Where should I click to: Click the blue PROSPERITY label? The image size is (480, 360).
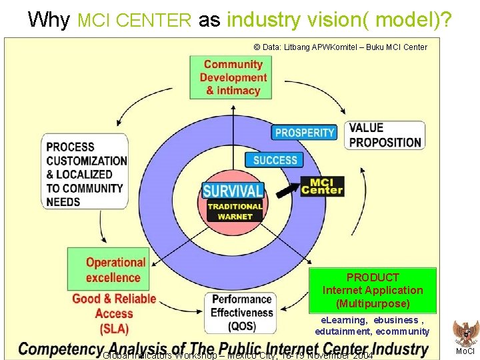(304, 133)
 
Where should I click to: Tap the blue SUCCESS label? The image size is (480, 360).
(275, 160)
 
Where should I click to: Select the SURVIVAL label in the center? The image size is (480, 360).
(233, 191)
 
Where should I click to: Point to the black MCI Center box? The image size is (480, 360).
(322, 186)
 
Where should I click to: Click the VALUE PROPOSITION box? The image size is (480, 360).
(385, 135)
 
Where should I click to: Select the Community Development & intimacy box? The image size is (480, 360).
(233, 77)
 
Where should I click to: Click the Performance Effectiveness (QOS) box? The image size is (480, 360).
(242, 313)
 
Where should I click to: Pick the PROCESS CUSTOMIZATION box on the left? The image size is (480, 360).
(86, 174)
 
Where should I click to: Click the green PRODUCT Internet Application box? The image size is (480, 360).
(373, 290)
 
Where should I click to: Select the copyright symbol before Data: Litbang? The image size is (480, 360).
(257, 47)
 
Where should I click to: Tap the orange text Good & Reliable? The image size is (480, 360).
(114, 299)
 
